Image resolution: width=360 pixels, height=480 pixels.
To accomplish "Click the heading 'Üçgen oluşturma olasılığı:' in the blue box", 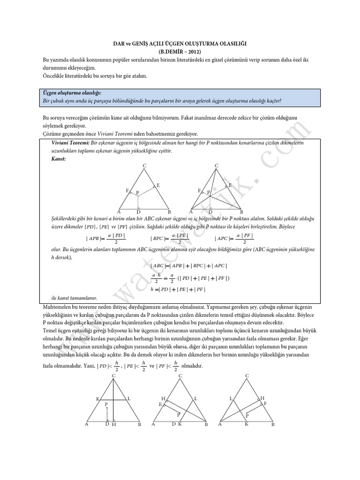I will point(72,93).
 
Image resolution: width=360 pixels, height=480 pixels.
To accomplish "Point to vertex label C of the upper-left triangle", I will point(145,166).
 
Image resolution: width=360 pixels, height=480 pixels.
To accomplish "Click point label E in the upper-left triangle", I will point(158,186).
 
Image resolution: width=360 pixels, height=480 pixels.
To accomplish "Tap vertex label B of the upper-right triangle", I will point(241,212).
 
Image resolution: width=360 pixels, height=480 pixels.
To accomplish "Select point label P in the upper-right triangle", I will point(209,192).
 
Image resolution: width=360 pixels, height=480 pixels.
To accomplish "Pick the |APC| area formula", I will point(233,238).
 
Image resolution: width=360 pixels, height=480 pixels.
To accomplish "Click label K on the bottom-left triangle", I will point(98,399).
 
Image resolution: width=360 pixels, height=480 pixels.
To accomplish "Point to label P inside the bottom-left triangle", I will point(106,404).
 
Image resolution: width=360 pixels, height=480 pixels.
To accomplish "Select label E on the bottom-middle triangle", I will point(161,404).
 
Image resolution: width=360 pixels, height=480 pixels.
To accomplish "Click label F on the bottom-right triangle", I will point(265,403).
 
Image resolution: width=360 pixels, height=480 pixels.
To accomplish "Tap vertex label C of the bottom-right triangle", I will point(247,376).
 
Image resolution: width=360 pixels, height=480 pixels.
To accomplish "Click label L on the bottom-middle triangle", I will point(195,398).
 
